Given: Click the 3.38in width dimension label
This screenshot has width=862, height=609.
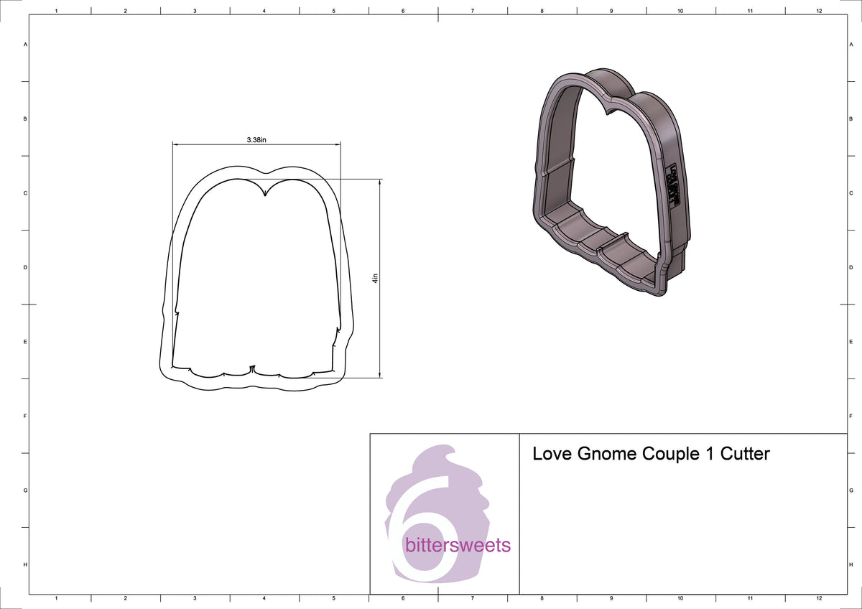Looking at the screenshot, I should pyautogui.click(x=256, y=139).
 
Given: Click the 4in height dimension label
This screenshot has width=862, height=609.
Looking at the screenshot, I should pyautogui.click(x=375, y=279).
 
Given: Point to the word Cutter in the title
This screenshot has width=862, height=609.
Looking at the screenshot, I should pyautogui.click(x=745, y=454).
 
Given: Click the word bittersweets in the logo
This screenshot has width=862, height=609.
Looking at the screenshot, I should pyautogui.click(x=458, y=545).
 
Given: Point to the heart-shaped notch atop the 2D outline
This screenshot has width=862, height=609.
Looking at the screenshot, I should pyautogui.click(x=266, y=192).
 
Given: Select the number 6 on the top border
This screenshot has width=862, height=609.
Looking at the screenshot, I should pyautogui.click(x=403, y=11).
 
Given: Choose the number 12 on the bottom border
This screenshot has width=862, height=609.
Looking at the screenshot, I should pyautogui.click(x=819, y=598).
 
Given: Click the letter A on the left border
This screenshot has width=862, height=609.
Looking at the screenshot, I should pyautogui.click(x=26, y=45).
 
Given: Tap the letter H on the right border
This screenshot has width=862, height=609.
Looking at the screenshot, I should pyautogui.click(x=851, y=565).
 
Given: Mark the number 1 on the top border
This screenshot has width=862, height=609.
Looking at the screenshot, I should pyautogui.click(x=56, y=11).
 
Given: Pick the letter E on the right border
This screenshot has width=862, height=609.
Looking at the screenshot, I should pyautogui.click(x=851, y=342).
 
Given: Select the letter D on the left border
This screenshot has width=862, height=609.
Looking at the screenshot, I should pyautogui.click(x=26, y=267).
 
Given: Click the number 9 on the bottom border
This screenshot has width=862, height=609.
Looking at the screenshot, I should pyautogui.click(x=611, y=598).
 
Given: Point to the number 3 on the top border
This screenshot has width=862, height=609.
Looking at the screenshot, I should pyautogui.click(x=195, y=11).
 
